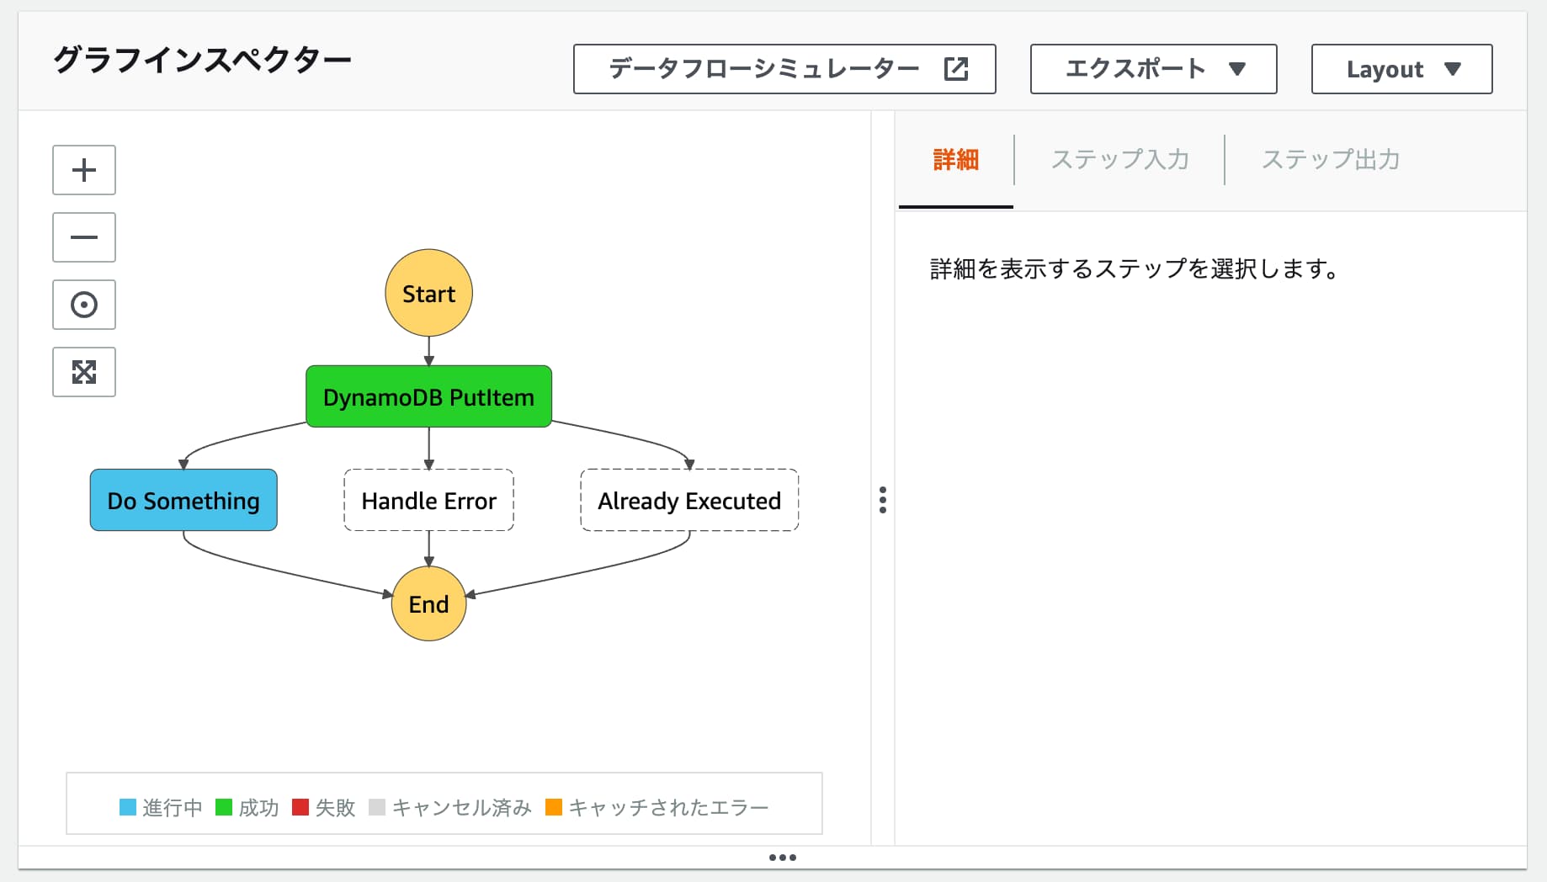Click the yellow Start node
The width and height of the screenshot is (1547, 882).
pyautogui.click(x=428, y=293)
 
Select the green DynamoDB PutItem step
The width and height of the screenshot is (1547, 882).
pyautogui.click(x=428, y=396)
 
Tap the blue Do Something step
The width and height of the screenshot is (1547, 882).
pyautogui.click(x=183, y=500)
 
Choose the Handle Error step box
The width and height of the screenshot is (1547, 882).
pyautogui.click(x=428, y=500)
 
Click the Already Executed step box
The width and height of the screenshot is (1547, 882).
pyautogui.click(x=689, y=500)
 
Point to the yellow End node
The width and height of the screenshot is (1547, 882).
pyautogui.click(x=428, y=603)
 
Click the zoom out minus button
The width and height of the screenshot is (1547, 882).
pyautogui.click(x=84, y=237)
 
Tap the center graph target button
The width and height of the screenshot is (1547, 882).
pyautogui.click(x=84, y=305)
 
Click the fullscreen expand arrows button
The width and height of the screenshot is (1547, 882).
pyautogui.click(x=84, y=372)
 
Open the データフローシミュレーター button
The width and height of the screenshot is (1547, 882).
pyautogui.click(x=784, y=69)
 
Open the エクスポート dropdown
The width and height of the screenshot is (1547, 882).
pyautogui.click(x=1153, y=69)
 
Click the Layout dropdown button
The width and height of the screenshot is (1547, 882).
pyautogui.click(x=1401, y=69)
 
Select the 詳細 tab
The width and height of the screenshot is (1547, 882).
pyautogui.click(x=956, y=159)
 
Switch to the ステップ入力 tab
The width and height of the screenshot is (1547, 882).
pyautogui.click(x=1119, y=159)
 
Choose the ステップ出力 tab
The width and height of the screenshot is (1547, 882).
pyautogui.click(x=1330, y=159)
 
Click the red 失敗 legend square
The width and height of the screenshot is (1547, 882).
pyautogui.click(x=300, y=807)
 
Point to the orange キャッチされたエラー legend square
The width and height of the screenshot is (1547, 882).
pyautogui.click(x=554, y=807)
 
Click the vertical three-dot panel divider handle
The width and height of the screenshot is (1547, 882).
pyautogui.click(x=882, y=500)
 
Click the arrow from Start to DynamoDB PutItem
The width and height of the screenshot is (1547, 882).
pyautogui.click(x=428, y=350)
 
